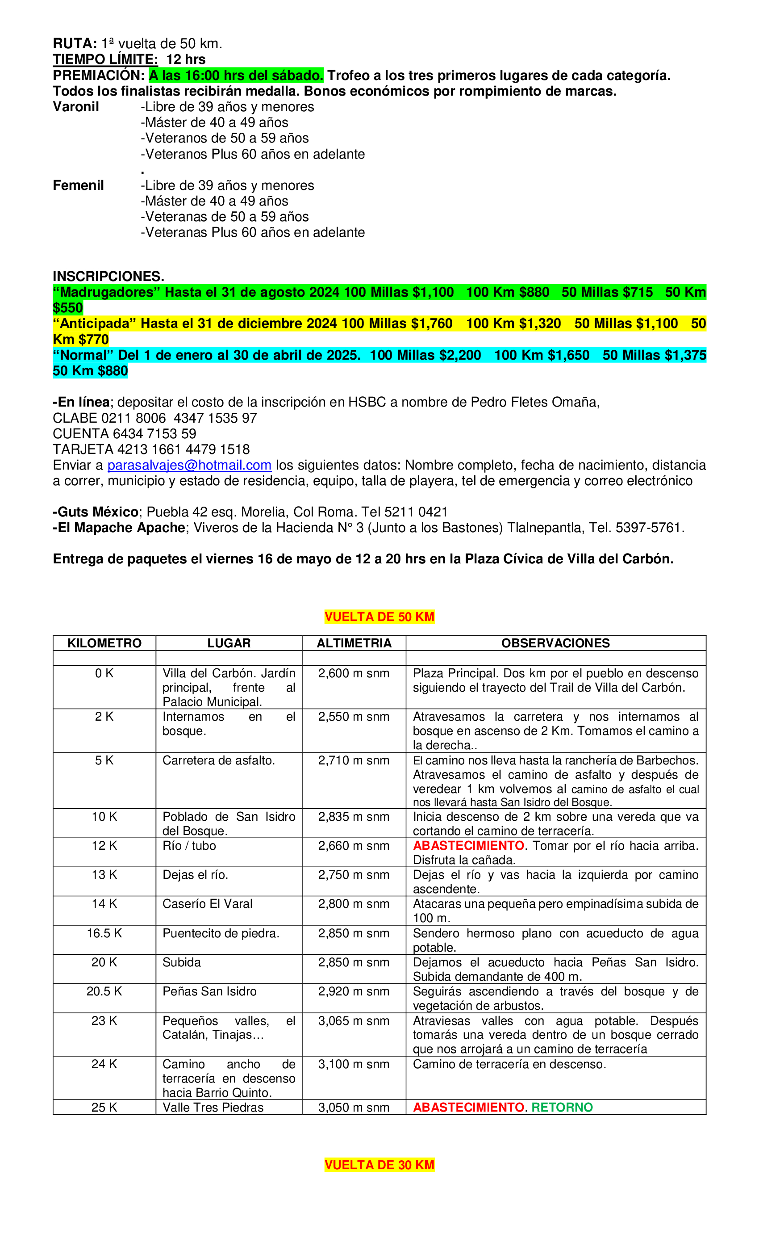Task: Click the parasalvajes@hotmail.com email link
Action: [189, 465]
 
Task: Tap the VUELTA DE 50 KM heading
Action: [379, 617]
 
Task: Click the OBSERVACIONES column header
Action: [555, 643]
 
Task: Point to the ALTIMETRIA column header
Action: [354, 643]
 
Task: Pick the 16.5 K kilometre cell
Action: [104, 933]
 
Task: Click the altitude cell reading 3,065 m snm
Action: [354, 1020]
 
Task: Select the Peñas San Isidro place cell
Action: [209, 991]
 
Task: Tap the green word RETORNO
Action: [562, 1107]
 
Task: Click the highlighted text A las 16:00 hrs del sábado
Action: [236, 76]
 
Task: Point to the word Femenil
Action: [78, 185]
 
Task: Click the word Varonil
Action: [75, 107]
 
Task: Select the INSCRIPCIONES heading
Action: [108, 276]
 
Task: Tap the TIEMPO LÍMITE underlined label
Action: [105, 59]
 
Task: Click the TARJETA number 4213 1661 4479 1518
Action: [183, 449]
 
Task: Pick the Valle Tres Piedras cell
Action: [213, 1107]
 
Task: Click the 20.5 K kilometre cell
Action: [104, 991]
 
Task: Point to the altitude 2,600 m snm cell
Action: [354, 673]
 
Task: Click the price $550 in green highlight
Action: [68, 308]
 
